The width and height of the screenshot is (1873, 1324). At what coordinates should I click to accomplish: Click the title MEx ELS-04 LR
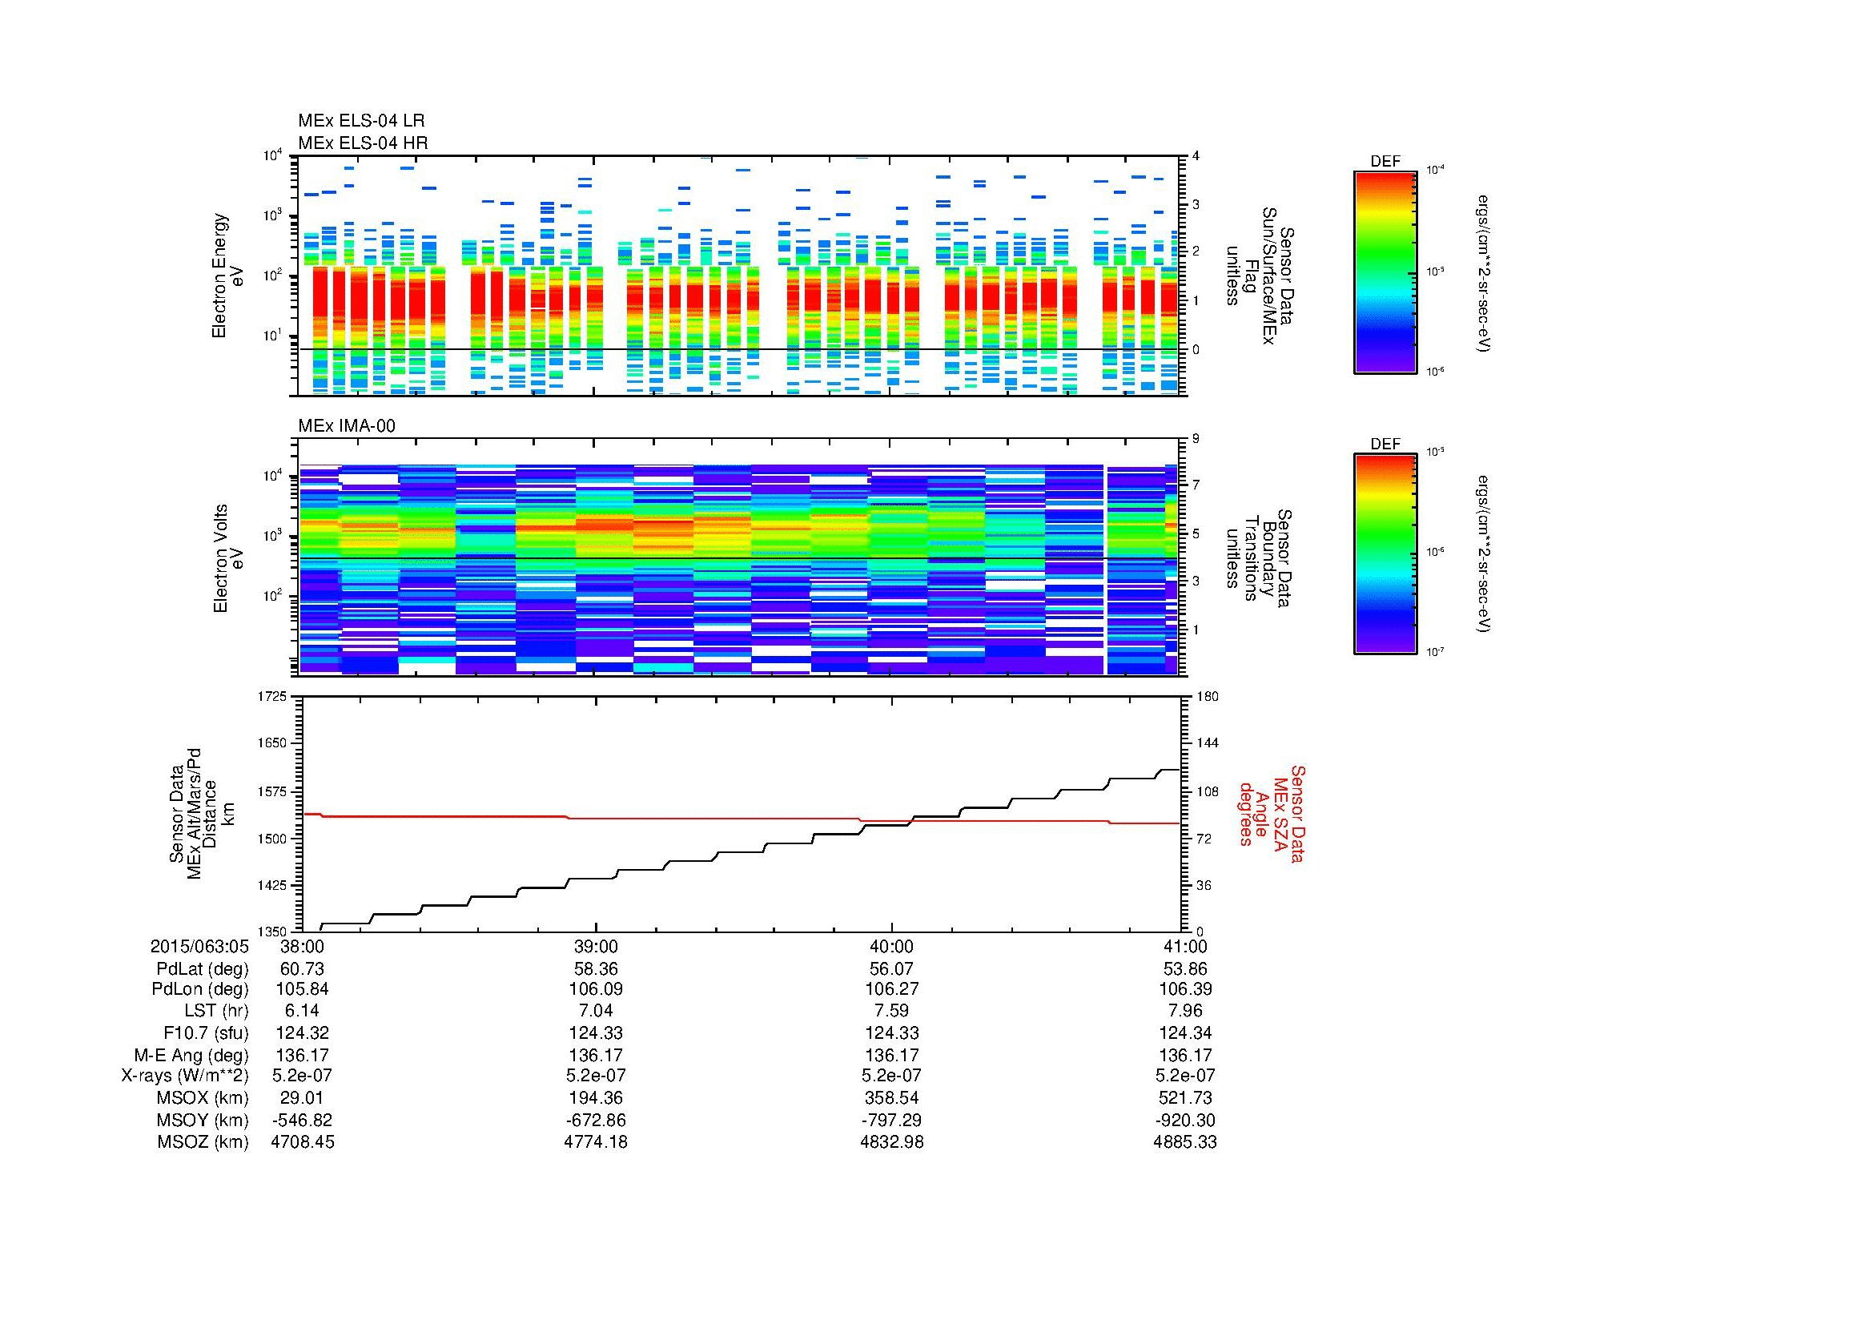click(x=360, y=122)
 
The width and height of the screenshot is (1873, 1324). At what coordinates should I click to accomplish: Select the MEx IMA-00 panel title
click(x=346, y=426)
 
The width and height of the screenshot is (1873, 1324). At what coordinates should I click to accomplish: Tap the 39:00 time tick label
click(x=597, y=946)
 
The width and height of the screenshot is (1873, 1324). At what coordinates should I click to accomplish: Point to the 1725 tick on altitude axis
click(x=271, y=697)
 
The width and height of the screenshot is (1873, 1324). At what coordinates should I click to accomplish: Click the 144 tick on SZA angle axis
click(x=1207, y=743)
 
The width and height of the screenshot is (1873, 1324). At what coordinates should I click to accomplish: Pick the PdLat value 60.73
click(x=302, y=969)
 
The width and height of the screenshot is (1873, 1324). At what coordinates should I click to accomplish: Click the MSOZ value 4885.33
click(x=1184, y=1142)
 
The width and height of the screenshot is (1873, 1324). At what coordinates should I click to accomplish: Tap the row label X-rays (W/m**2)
click(x=184, y=1076)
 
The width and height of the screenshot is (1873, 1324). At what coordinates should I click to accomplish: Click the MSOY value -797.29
click(x=890, y=1120)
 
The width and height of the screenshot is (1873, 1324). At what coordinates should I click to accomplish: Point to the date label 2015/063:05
click(x=199, y=946)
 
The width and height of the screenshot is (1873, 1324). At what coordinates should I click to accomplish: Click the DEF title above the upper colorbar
click(x=1385, y=162)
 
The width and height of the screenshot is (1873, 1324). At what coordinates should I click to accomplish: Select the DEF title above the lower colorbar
click(x=1385, y=445)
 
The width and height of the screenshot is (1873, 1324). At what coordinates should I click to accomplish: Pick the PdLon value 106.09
click(x=597, y=989)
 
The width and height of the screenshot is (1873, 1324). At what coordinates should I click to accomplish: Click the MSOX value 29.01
click(x=302, y=1098)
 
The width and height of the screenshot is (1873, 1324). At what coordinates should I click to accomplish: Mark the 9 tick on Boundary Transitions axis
click(x=1196, y=438)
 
